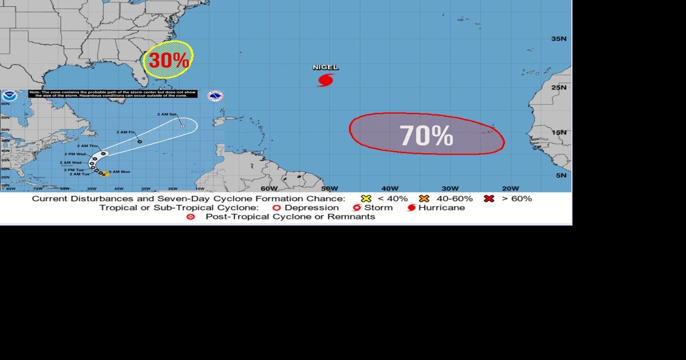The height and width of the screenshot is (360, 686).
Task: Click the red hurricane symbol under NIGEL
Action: tap(325, 80)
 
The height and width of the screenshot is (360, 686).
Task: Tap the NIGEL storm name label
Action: tap(325, 68)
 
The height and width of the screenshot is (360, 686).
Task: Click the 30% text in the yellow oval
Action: tap(168, 61)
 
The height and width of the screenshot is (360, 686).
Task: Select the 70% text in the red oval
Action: tap(426, 135)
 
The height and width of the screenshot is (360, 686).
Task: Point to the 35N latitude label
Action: tap(559, 39)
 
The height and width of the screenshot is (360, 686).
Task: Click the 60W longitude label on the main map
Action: tap(269, 188)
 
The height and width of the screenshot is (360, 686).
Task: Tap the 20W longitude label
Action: tap(510, 188)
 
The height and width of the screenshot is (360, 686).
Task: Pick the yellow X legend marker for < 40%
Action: tap(366, 198)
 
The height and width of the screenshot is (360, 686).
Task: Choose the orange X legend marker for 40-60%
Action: tap(424, 198)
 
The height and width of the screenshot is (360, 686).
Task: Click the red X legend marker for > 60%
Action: tap(489, 198)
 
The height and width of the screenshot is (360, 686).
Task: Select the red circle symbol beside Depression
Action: tap(276, 208)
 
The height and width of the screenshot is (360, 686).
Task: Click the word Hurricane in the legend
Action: tap(441, 208)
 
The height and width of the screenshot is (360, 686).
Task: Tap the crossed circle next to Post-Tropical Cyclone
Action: tap(191, 217)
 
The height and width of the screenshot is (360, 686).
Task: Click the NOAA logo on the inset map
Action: tap(9, 96)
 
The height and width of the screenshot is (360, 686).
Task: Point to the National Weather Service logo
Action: tap(215, 96)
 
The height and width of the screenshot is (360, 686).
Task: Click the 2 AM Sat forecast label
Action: tap(167, 114)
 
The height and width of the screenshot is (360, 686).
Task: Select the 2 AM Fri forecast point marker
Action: tap(139, 141)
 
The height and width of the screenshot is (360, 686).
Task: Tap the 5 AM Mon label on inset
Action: tap(119, 172)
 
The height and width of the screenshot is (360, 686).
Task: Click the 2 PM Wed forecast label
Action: tap(75, 154)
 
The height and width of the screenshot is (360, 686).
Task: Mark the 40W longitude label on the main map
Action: tap(390, 188)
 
